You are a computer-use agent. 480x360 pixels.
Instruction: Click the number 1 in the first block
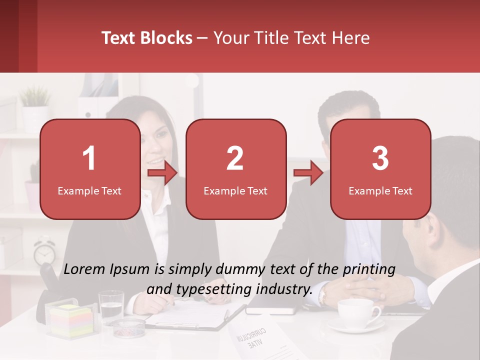pyautogui.click(x=89, y=158)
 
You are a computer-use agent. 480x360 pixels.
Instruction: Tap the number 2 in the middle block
pyautogui.click(x=235, y=158)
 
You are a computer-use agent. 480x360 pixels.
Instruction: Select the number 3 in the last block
pyautogui.click(x=380, y=158)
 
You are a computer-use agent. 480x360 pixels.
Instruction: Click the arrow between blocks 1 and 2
pyautogui.click(x=162, y=173)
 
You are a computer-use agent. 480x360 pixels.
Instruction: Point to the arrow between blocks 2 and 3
pyautogui.click(x=308, y=173)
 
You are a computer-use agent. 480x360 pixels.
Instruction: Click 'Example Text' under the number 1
pyautogui.click(x=89, y=191)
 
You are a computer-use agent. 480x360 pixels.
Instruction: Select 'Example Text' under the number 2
pyautogui.click(x=235, y=191)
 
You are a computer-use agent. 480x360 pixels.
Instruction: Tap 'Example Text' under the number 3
pyautogui.click(x=380, y=191)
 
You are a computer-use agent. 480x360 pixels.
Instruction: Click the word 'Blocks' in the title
pyautogui.click(x=167, y=38)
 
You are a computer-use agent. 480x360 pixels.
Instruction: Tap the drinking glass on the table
pyautogui.click(x=111, y=306)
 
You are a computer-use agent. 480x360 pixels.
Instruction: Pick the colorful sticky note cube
pyautogui.click(x=71, y=321)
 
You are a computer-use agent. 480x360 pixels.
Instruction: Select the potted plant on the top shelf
pyautogui.click(x=35, y=102)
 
